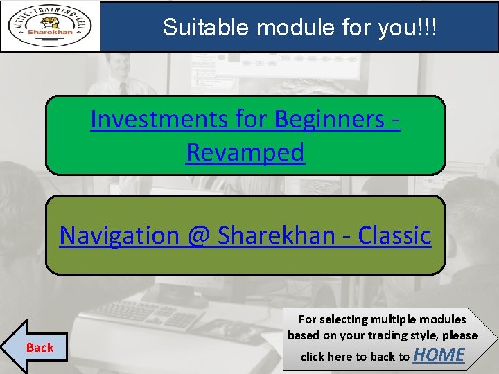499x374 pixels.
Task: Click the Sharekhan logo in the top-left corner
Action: (x=50, y=26)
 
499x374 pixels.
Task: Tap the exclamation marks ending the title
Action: (x=428, y=27)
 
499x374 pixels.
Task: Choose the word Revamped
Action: (x=245, y=152)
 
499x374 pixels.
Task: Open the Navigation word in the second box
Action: (x=119, y=235)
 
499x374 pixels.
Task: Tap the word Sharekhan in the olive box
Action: (x=276, y=235)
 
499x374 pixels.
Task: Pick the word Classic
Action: (x=394, y=235)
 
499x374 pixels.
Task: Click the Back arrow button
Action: (x=35, y=347)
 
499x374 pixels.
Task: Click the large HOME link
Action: (x=439, y=355)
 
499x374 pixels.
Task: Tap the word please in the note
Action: (x=460, y=335)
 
